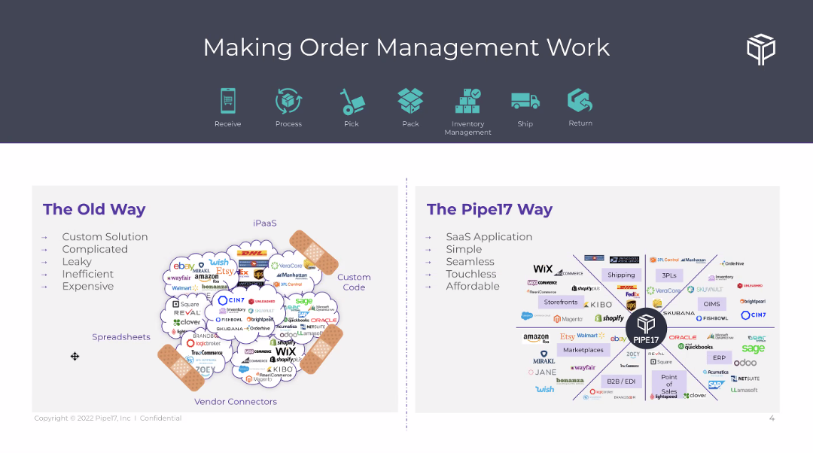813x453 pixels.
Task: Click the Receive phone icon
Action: coord(227,101)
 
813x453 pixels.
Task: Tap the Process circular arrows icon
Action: coord(288,101)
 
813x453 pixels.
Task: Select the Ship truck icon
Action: coord(525,101)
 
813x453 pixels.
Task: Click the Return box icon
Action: coord(580,100)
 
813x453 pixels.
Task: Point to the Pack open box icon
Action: coord(410,101)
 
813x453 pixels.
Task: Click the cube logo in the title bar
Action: coord(761,49)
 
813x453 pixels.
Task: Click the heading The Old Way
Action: coord(94,209)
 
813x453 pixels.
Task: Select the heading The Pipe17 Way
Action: coord(489,209)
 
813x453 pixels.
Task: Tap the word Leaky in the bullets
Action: coord(77,262)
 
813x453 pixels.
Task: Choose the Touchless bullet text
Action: coord(471,274)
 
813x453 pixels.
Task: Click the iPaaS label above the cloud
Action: coord(265,223)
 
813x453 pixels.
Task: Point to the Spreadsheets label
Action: coord(121,337)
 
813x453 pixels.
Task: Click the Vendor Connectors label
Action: coord(236,402)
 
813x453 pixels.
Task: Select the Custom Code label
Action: coord(354,282)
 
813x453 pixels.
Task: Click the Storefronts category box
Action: coord(561,302)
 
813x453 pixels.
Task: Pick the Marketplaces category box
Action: coord(583,350)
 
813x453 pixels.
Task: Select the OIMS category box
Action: coord(711,304)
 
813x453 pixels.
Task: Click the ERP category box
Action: coord(719,358)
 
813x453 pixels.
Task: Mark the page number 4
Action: coord(772,418)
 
